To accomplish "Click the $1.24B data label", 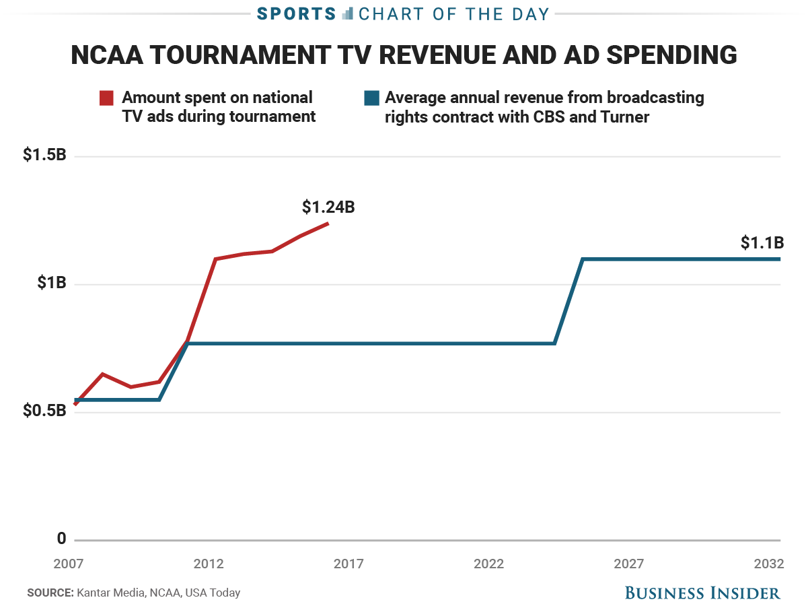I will coord(328,207).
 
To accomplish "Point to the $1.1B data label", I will coord(762,243).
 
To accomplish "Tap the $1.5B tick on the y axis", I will coord(44,155).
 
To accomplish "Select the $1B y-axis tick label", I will coord(51,283).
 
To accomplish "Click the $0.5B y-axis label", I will coord(44,410).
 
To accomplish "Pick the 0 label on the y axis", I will coord(62,538).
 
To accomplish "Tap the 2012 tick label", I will coord(209,564).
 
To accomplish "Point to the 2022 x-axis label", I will coord(489,564).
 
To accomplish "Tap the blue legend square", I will coord(370,98).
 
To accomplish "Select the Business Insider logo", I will coord(702,593).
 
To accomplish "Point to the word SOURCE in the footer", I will coord(50,593).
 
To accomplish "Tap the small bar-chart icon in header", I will coord(347,13).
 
